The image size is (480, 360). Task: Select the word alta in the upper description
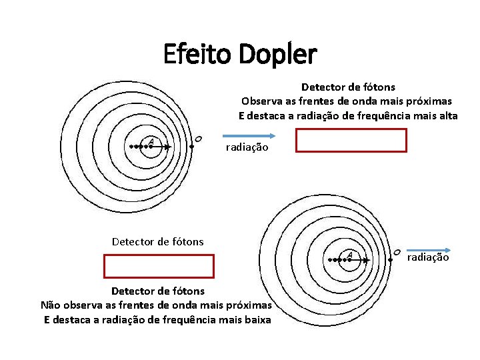pyautogui.click(x=447, y=116)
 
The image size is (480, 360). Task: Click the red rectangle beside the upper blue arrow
pyautogui.click(x=351, y=141)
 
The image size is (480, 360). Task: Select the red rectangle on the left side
pyautogui.click(x=158, y=265)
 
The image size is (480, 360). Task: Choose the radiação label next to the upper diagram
pyautogui.click(x=247, y=147)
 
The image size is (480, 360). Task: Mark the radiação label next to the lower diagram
pyautogui.click(x=427, y=257)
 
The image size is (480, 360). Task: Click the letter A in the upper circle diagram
pyautogui.click(x=151, y=141)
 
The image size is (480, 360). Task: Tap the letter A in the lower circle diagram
pyautogui.click(x=350, y=253)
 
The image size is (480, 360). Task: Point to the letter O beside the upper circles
pyautogui.click(x=198, y=139)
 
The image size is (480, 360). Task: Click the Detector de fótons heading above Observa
pyautogui.click(x=348, y=87)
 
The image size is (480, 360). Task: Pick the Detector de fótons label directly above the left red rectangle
pyautogui.click(x=158, y=241)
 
